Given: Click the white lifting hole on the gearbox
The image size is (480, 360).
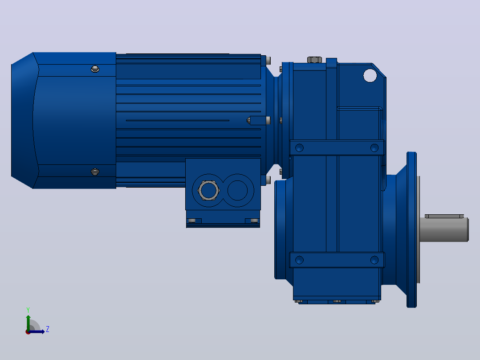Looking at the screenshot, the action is point(370,76).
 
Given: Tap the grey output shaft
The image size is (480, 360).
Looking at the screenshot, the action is point(443,229).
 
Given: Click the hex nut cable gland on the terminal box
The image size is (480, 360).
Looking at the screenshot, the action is point(208,190).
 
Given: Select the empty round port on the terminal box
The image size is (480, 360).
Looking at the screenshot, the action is point(237,190).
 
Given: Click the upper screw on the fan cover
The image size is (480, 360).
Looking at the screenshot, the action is point(95,69).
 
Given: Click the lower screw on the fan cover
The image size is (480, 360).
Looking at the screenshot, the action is point(95,172).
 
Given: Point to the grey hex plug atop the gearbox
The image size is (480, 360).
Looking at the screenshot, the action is point(314,60).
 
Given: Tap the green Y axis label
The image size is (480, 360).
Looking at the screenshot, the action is point(28,310).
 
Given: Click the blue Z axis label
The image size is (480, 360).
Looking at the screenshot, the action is point(48,329).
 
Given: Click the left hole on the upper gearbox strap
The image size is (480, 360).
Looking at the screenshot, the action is point(299,148).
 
